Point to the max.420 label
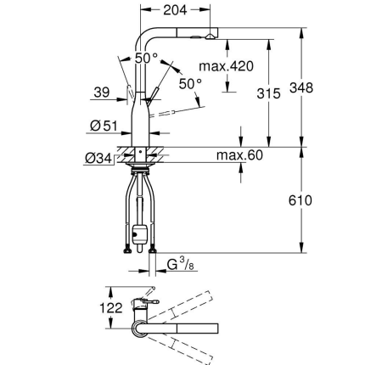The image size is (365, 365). (226, 66)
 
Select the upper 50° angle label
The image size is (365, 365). (145, 58)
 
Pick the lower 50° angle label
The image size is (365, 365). (191, 84)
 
